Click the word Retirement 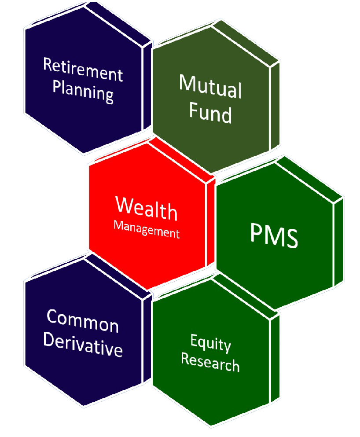pyautogui.click(x=83, y=70)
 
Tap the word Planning pyautogui.click(x=83, y=92)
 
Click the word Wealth pyautogui.click(x=147, y=209)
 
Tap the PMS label pyautogui.click(x=274, y=235)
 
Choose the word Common pyautogui.click(x=83, y=321)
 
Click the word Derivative pyautogui.click(x=83, y=345)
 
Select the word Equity pyautogui.click(x=211, y=343)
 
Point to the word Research pyautogui.click(x=210, y=362)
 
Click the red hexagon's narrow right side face pyautogui.click(x=211, y=222)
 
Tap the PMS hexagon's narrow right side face pyautogui.click(x=338, y=242)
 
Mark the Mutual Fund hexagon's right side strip pyautogui.click(x=275, y=106)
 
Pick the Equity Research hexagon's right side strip pyautogui.click(x=275, y=359)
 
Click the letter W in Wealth pyautogui.click(x=125, y=204)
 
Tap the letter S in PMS pyautogui.click(x=290, y=238)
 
